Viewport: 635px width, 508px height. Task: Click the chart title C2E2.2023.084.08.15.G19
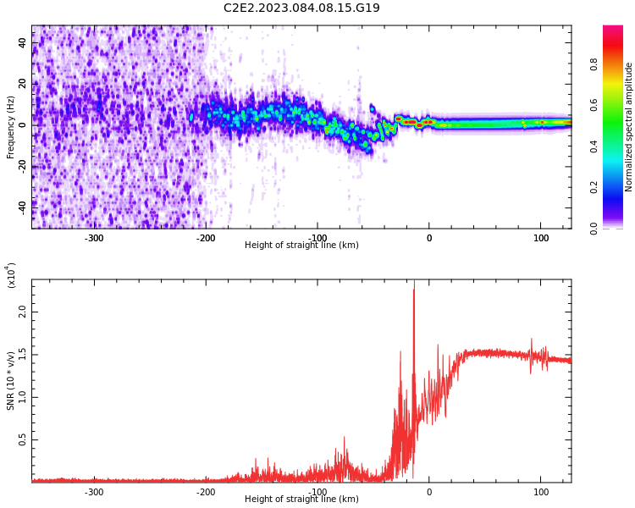pyautogui.click(x=301, y=8)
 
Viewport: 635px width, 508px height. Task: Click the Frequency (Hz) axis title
pyautogui.click(x=10, y=127)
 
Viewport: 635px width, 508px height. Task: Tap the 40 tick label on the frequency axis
pyautogui.click(x=22, y=42)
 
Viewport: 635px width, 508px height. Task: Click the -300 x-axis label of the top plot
pyautogui.click(x=94, y=238)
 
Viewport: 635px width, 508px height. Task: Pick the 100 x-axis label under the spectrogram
pyautogui.click(x=541, y=238)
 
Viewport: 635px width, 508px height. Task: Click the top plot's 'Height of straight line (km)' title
pyautogui.click(x=301, y=245)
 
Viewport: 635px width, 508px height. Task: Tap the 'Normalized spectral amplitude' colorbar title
pyautogui.click(x=628, y=127)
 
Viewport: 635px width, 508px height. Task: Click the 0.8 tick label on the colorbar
pyautogui.click(x=594, y=64)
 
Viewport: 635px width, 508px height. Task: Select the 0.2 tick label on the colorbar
pyautogui.click(x=594, y=187)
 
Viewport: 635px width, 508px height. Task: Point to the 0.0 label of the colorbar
pyautogui.click(x=594, y=229)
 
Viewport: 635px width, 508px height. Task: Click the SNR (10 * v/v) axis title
pyautogui.click(x=10, y=381)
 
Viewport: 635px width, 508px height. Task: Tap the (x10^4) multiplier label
pyautogui.click(x=10, y=275)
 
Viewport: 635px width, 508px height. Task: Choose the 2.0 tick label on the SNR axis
pyautogui.click(x=22, y=312)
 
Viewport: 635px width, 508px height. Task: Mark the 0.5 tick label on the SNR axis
pyautogui.click(x=22, y=439)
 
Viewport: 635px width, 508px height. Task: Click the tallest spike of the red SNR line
pyautogui.click(x=414, y=281)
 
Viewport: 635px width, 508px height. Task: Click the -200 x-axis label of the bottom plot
pyautogui.click(x=206, y=492)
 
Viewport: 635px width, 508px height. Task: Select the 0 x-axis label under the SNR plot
pyautogui.click(x=429, y=492)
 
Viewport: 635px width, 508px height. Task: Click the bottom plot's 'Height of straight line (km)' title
pyautogui.click(x=301, y=499)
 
